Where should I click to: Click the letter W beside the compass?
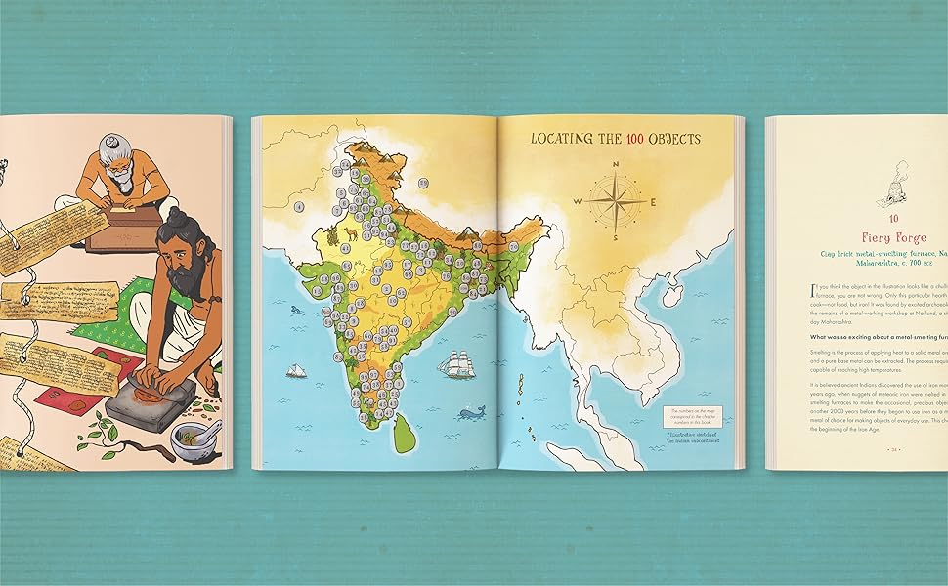point(578,201)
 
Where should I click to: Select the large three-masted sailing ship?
point(455,364)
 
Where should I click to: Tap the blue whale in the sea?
point(473,413)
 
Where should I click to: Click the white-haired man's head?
point(120,164)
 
